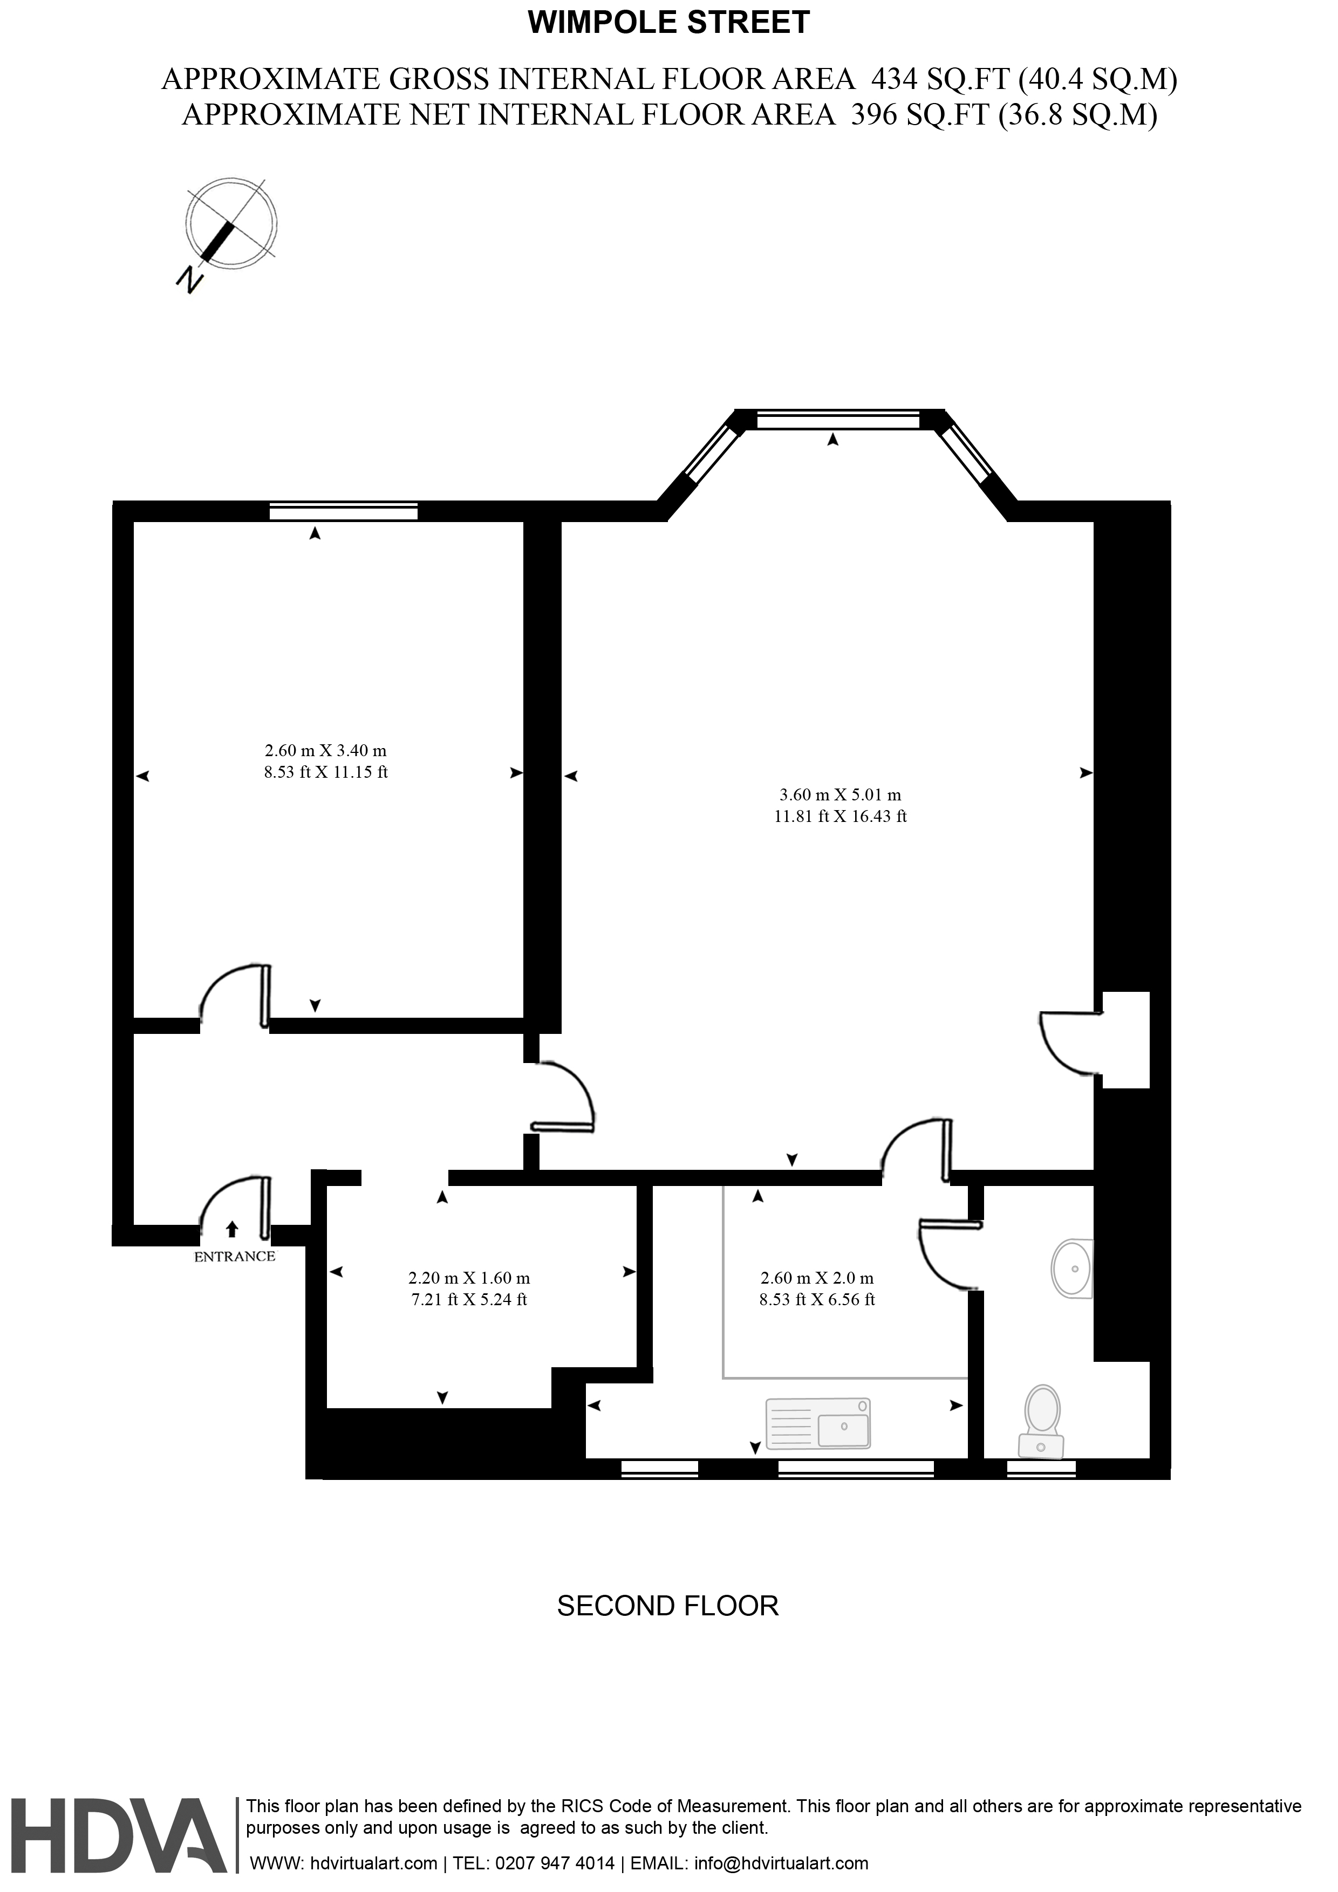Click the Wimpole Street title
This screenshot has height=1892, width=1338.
(668, 22)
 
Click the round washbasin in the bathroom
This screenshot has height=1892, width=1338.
(1073, 1269)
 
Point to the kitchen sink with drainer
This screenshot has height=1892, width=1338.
(818, 1423)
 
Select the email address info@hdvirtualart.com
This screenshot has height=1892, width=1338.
(782, 1863)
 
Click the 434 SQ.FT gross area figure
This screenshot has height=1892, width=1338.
(940, 79)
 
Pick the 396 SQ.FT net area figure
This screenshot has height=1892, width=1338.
(920, 114)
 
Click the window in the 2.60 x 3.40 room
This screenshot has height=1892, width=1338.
(343, 512)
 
